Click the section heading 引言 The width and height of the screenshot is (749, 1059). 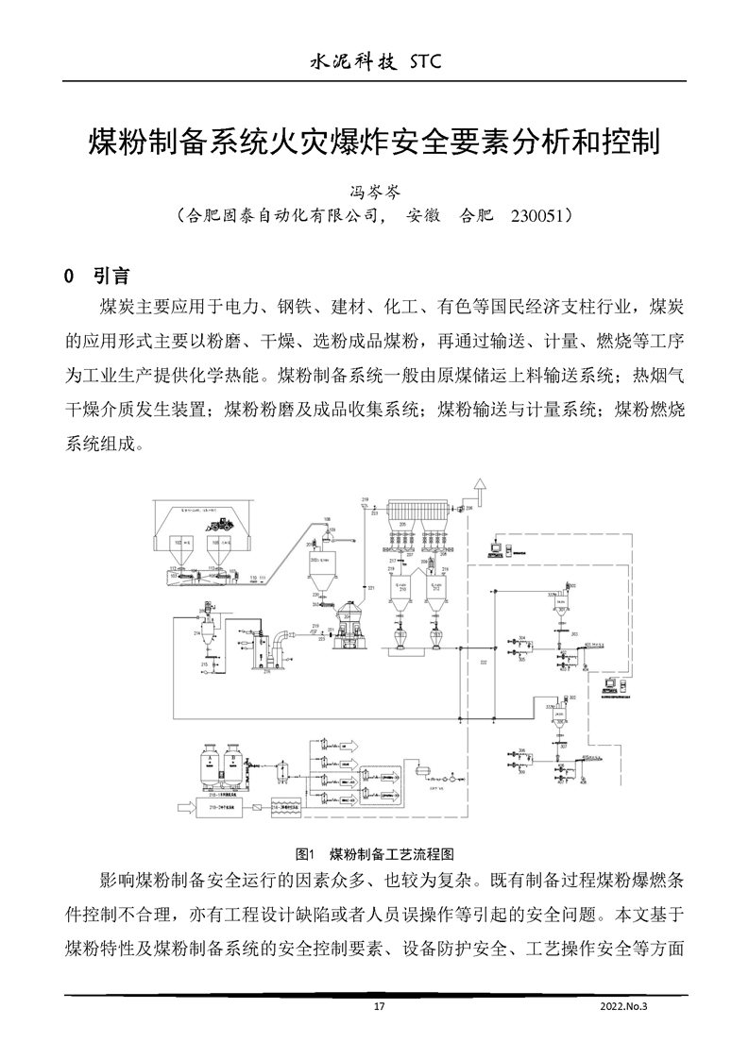tap(112, 277)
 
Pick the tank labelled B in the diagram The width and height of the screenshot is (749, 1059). tap(231, 763)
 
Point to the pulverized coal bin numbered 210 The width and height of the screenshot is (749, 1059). tap(402, 594)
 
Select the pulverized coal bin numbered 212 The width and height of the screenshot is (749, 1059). tap(437, 594)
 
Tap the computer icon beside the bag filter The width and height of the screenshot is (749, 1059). tap(497, 546)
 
